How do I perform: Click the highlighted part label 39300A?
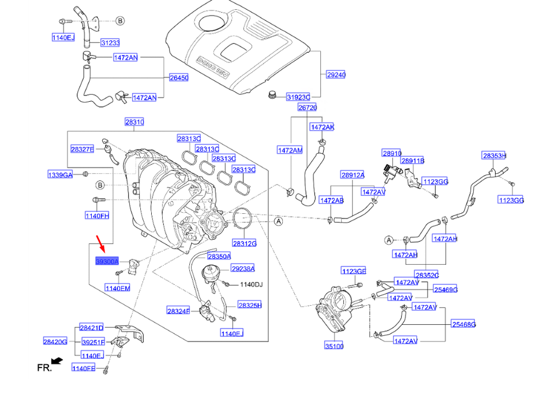pos(107,261)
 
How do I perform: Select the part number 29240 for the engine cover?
pos(335,75)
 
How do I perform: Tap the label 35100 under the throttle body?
pos(334,346)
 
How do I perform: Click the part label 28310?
pos(134,122)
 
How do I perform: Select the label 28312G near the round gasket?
pos(244,243)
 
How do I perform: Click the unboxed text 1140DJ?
pos(251,284)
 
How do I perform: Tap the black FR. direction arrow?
pos(57,361)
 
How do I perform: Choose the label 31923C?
pos(298,97)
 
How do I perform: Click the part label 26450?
pos(178,77)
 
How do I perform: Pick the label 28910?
pos(391,153)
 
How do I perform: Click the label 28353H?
pos(494,155)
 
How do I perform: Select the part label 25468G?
pos(463,325)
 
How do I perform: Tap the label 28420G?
pos(56,342)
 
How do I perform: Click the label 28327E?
pos(82,149)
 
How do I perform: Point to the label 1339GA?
pos(60,175)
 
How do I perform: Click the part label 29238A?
pos(242,268)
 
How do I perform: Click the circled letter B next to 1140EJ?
pos(120,21)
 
